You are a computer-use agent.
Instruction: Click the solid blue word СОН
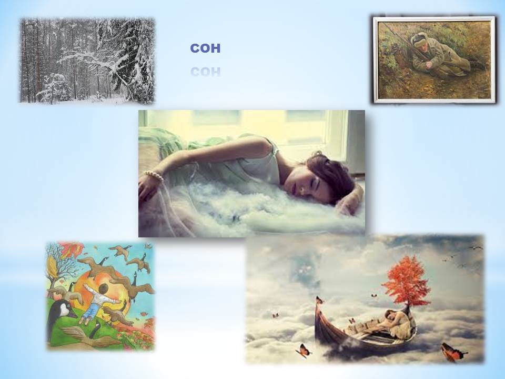[205, 48]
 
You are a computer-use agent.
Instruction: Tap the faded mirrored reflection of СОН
[205, 72]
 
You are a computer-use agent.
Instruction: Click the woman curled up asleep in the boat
[395, 324]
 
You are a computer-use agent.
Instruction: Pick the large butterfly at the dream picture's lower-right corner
[452, 353]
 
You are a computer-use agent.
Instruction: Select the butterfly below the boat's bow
[304, 351]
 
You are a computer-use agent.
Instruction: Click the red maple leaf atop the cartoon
[72, 249]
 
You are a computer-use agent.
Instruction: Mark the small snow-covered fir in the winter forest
[54, 87]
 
